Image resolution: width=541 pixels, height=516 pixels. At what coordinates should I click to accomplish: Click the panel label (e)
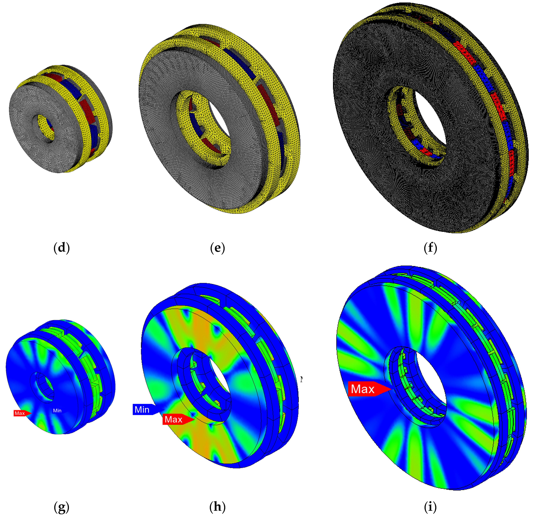tap(217, 247)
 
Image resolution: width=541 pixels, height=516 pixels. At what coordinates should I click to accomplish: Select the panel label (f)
tap(430, 247)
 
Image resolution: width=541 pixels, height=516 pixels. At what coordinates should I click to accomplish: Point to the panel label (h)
tap(217, 506)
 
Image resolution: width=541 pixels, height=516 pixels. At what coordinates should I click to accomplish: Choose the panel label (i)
tap(430, 506)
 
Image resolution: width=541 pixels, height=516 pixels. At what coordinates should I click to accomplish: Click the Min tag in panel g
tap(57, 410)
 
